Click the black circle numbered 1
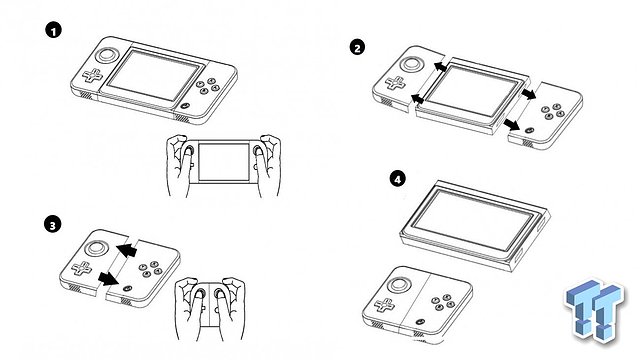click(x=53, y=30)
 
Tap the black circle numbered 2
click(x=358, y=48)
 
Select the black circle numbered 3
click(x=53, y=224)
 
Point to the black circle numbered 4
click(x=398, y=178)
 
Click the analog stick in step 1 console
click(x=107, y=55)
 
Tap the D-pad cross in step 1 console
click(x=93, y=76)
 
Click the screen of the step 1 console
click(x=154, y=75)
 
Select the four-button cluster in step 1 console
click(x=208, y=86)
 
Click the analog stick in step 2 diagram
click(x=411, y=64)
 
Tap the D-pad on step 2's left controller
click(x=396, y=83)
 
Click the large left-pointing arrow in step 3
click(x=127, y=249)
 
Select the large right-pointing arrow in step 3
click(x=108, y=279)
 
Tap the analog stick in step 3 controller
click(x=96, y=248)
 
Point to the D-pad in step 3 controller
click(x=82, y=268)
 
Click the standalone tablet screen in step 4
click(x=475, y=224)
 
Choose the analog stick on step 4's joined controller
click(x=399, y=284)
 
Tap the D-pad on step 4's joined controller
click(x=384, y=304)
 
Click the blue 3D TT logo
click(x=594, y=310)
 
